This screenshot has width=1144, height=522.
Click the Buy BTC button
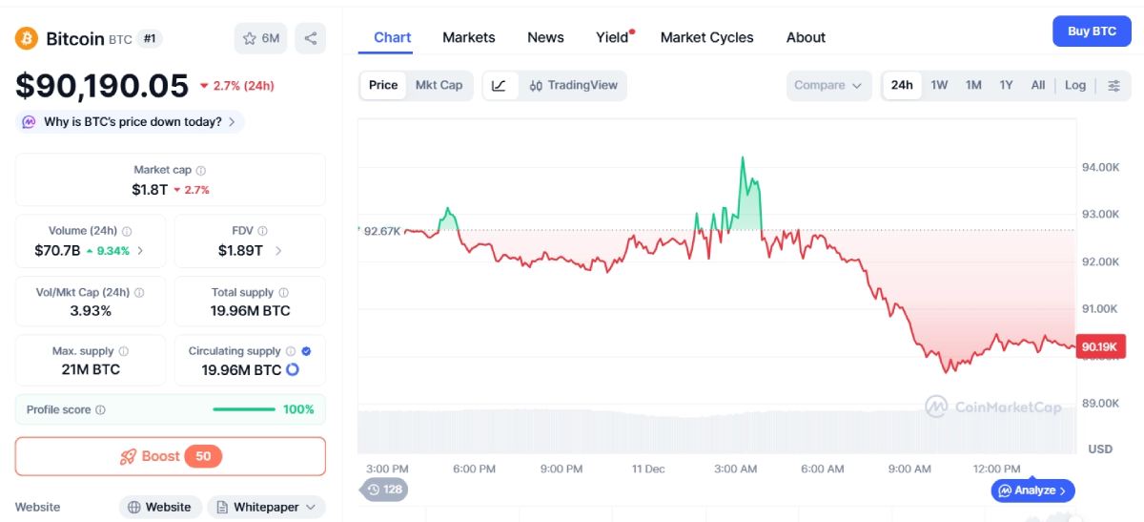click(x=1092, y=31)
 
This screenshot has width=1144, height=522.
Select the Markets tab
click(x=468, y=37)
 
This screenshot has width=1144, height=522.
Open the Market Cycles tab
click(x=706, y=37)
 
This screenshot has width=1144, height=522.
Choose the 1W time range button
click(x=939, y=85)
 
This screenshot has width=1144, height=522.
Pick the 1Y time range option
click(x=1006, y=85)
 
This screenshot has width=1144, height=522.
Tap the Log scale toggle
click(x=1074, y=85)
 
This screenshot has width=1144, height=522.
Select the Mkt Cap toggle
click(x=439, y=85)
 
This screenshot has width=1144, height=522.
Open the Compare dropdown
click(x=828, y=85)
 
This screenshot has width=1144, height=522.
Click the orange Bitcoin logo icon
click(x=26, y=38)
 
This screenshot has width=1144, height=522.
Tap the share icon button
click(x=310, y=38)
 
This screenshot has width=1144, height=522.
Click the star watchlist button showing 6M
click(x=261, y=38)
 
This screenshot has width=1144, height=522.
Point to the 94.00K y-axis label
click(x=1100, y=167)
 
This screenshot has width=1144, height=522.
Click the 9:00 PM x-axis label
click(x=561, y=469)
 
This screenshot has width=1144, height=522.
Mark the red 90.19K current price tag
click(x=1099, y=347)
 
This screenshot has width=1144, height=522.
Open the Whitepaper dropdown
click(x=266, y=507)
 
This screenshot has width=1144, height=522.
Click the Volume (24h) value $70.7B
click(x=56, y=251)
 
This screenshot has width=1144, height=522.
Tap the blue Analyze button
click(x=1033, y=491)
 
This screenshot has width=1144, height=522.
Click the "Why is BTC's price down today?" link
click(x=131, y=122)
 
